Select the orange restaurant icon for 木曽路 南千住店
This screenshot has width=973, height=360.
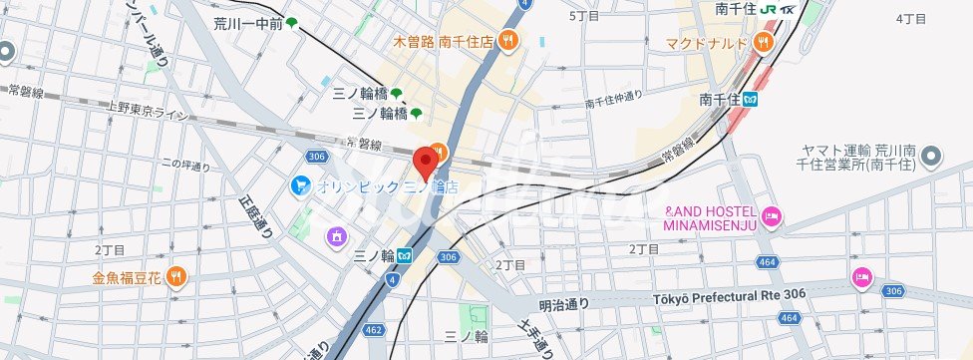508,41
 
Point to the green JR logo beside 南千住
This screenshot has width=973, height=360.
768,8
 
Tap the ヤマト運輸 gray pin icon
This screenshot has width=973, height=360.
931,155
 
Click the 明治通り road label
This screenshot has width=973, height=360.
564,304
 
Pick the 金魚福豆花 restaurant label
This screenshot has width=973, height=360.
129,277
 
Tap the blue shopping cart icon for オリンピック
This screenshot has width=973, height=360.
300,185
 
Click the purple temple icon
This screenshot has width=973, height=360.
337,236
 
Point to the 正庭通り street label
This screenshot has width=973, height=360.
255,213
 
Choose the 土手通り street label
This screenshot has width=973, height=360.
535,334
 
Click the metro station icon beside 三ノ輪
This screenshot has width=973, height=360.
406,255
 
